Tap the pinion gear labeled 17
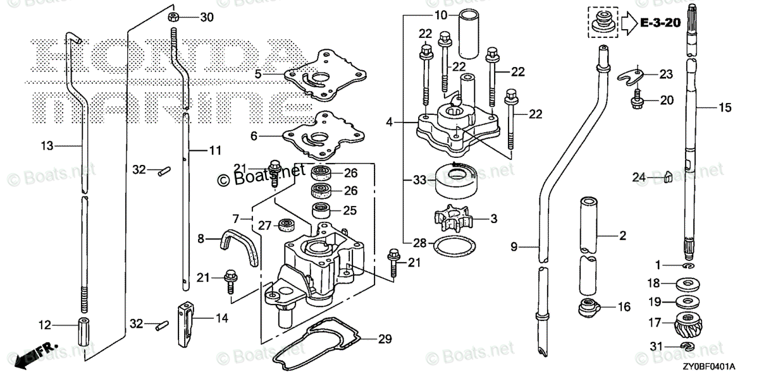click(688, 325)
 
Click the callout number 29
click(385, 339)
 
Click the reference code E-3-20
click(660, 23)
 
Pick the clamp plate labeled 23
click(631, 76)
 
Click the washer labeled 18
click(688, 284)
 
